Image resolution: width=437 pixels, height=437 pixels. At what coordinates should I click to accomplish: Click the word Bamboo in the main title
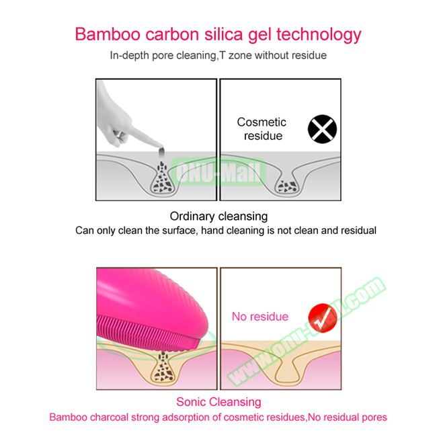(108, 34)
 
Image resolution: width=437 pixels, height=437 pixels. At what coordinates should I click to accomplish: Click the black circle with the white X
(322, 129)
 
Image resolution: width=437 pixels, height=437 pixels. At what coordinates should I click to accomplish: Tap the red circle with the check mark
(322, 318)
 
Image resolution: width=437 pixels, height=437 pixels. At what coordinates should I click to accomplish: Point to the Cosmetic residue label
(262, 129)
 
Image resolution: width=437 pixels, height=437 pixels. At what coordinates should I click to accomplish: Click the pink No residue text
(260, 317)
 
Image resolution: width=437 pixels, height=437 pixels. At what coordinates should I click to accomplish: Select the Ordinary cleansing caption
(218, 216)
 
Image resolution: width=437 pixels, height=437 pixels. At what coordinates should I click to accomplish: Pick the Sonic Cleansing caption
(218, 402)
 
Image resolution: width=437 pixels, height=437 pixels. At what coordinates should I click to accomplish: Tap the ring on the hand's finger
(120, 135)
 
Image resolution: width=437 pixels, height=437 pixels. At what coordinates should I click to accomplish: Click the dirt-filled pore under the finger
(163, 179)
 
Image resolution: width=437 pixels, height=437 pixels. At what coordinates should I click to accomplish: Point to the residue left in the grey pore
(287, 186)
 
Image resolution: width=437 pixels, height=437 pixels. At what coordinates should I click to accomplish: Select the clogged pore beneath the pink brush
(163, 367)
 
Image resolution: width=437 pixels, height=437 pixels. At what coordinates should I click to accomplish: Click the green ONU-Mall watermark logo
(218, 171)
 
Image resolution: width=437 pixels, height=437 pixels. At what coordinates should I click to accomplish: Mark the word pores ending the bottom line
(374, 418)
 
